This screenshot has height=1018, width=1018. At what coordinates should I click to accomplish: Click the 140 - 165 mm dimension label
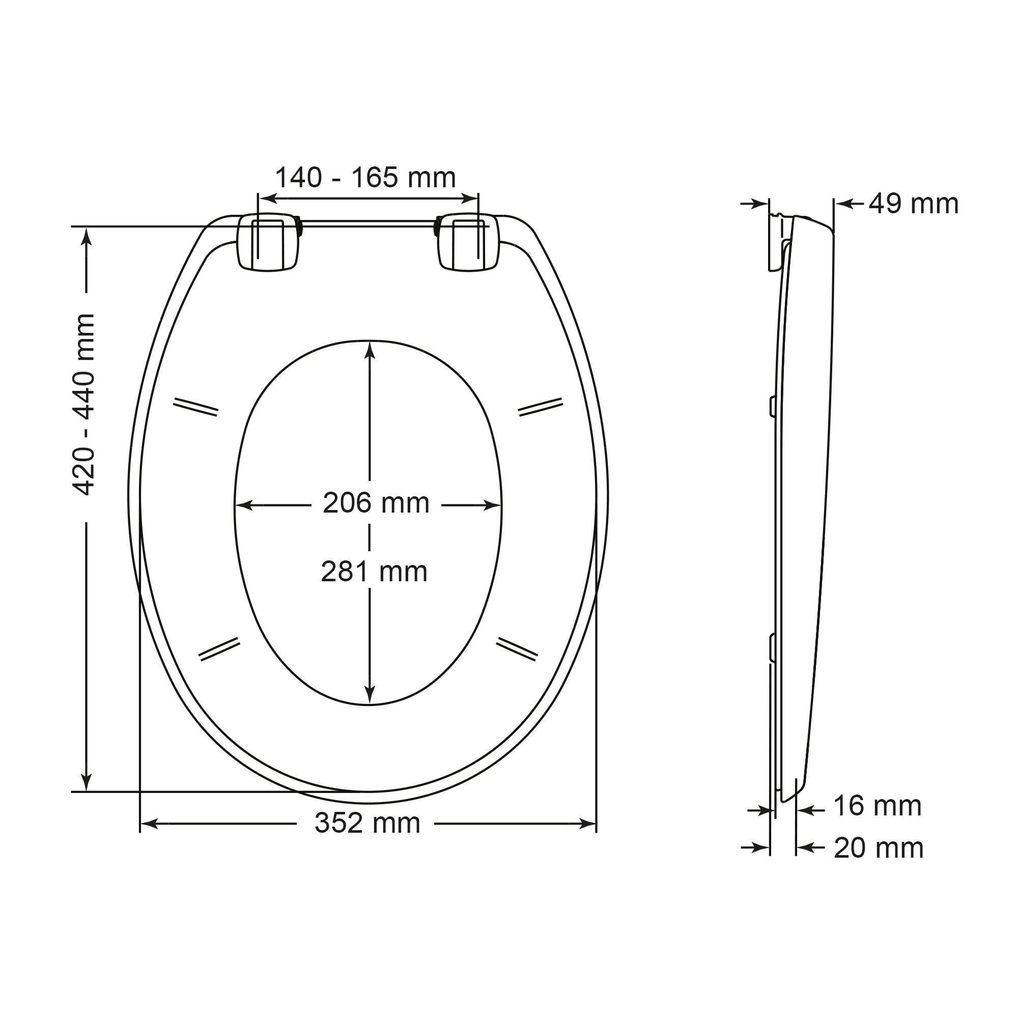(x=365, y=178)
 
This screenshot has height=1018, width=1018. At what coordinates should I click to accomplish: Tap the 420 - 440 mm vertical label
(x=84, y=404)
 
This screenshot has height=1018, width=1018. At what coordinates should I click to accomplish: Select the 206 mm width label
(x=376, y=503)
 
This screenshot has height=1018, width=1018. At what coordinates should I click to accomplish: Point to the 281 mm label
(x=374, y=572)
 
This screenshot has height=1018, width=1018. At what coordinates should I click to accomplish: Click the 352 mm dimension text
(x=367, y=823)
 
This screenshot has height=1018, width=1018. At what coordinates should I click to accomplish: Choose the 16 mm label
(x=878, y=806)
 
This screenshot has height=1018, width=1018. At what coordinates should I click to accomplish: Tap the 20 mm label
(x=879, y=848)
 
